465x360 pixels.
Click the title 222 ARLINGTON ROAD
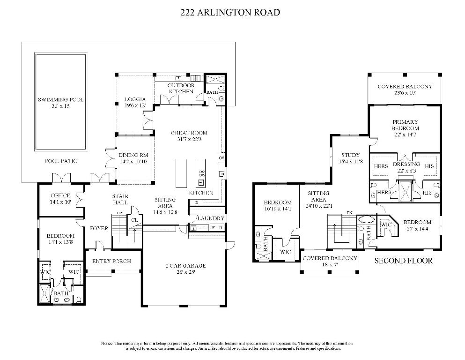tap(230, 13)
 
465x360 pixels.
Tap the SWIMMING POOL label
tap(61, 100)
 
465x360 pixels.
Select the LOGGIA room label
tap(135, 99)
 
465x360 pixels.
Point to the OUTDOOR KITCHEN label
tap(181, 88)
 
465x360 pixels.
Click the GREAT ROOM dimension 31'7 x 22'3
tap(189, 139)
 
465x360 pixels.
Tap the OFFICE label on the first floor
tap(60, 195)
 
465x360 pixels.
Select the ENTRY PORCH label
tap(111, 261)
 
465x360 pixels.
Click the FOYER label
tap(99, 228)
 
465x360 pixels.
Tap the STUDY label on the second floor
tap(350, 155)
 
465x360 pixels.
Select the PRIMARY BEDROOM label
tap(405, 125)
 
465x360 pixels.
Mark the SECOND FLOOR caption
tap(404, 261)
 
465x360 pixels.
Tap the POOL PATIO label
tap(61, 161)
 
